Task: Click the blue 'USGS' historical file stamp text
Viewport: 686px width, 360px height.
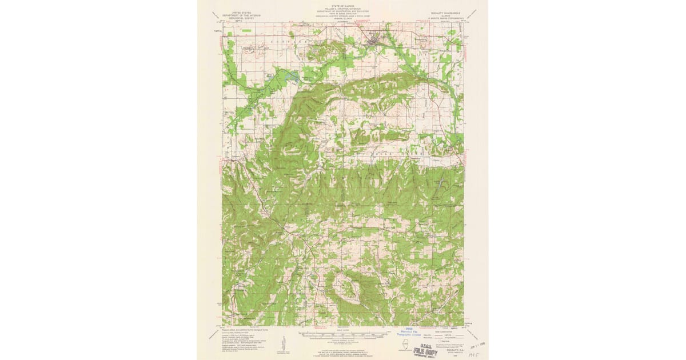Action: [409, 329]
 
